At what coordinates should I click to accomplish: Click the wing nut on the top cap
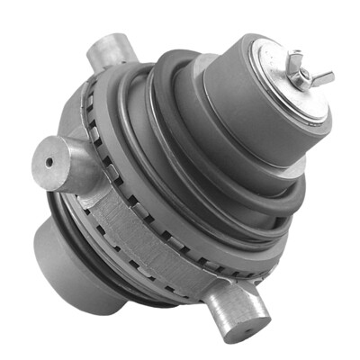pyautogui.click(x=301, y=74)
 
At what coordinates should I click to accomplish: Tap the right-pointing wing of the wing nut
pyautogui.click(x=322, y=77)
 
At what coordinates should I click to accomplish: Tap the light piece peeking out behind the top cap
pyautogui.click(x=204, y=63)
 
